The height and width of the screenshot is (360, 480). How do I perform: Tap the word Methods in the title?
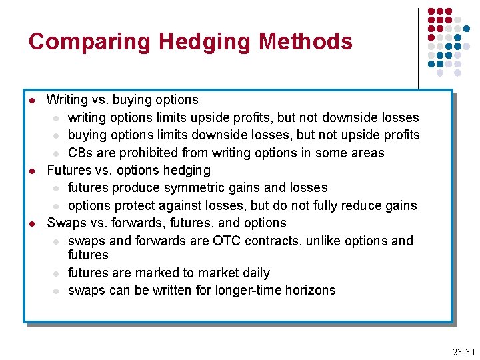click(305, 42)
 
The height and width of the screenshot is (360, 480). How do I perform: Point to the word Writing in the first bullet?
click(67, 100)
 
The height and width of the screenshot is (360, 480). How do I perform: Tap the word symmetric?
click(196, 188)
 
